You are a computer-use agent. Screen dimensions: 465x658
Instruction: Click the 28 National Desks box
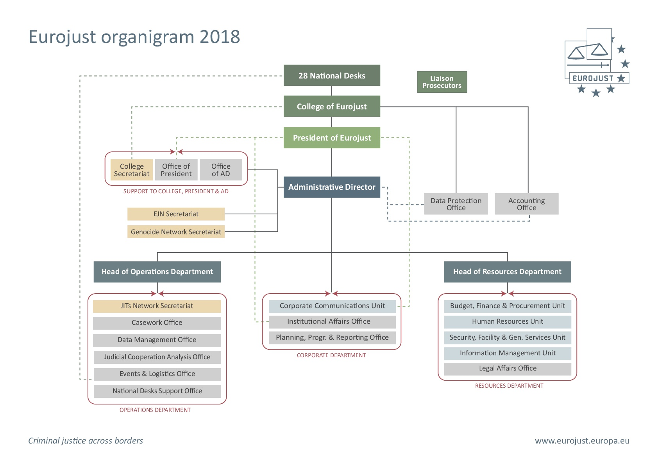(332, 75)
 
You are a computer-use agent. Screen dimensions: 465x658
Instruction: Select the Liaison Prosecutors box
(442, 82)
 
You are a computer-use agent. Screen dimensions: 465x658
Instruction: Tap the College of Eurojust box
(332, 106)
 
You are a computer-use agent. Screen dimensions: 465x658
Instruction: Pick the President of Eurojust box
(332, 137)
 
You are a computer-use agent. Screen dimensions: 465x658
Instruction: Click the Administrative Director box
(332, 187)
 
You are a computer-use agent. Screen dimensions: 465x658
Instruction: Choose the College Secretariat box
(132, 170)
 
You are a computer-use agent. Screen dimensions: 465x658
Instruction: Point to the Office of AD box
(221, 170)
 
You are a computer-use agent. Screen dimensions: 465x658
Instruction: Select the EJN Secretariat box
(176, 214)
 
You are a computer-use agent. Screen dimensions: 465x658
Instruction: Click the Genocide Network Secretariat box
(176, 232)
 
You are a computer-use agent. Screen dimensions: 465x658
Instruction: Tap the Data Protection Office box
(456, 204)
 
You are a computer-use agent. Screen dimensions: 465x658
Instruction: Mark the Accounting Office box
(526, 204)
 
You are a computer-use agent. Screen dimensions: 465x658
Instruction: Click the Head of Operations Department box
(157, 272)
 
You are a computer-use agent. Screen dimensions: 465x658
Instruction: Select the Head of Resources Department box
(507, 272)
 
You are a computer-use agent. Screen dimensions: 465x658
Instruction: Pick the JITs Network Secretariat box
(157, 306)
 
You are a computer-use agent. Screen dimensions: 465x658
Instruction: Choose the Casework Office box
(157, 323)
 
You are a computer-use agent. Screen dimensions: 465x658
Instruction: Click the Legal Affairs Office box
(508, 369)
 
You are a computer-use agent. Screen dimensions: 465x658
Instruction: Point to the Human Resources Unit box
(508, 322)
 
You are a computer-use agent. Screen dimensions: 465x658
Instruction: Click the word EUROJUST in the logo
(593, 78)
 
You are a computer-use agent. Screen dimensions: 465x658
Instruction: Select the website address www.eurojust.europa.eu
(582, 441)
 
